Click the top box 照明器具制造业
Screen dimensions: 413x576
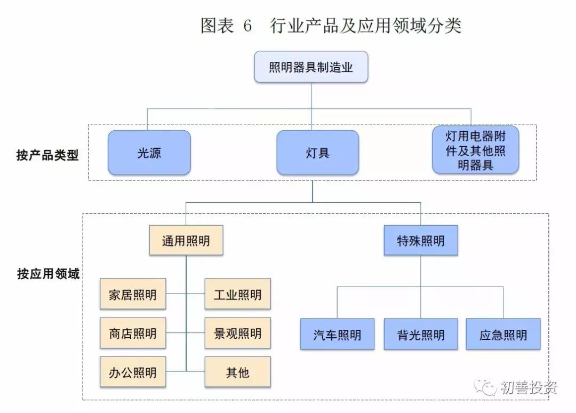[x=311, y=67]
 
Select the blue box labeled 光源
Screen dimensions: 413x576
[x=149, y=153]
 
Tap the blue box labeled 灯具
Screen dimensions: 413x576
[x=317, y=153]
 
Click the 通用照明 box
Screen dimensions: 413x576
[x=186, y=241]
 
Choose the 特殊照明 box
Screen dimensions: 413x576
[x=421, y=241]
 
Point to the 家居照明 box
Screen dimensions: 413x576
[x=133, y=293]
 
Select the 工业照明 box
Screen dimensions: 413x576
[x=237, y=293]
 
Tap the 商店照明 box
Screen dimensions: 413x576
[x=133, y=333]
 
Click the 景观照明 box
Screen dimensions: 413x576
[x=237, y=333]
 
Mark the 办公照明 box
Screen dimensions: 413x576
[x=133, y=372]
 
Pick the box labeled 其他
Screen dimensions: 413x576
[x=237, y=372]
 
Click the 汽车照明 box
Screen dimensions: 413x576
[x=337, y=334]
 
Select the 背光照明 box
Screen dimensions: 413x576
[x=421, y=334]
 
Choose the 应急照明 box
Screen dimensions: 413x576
[x=503, y=334]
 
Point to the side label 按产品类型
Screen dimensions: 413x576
[x=47, y=155]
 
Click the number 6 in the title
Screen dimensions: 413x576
[x=246, y=26]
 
